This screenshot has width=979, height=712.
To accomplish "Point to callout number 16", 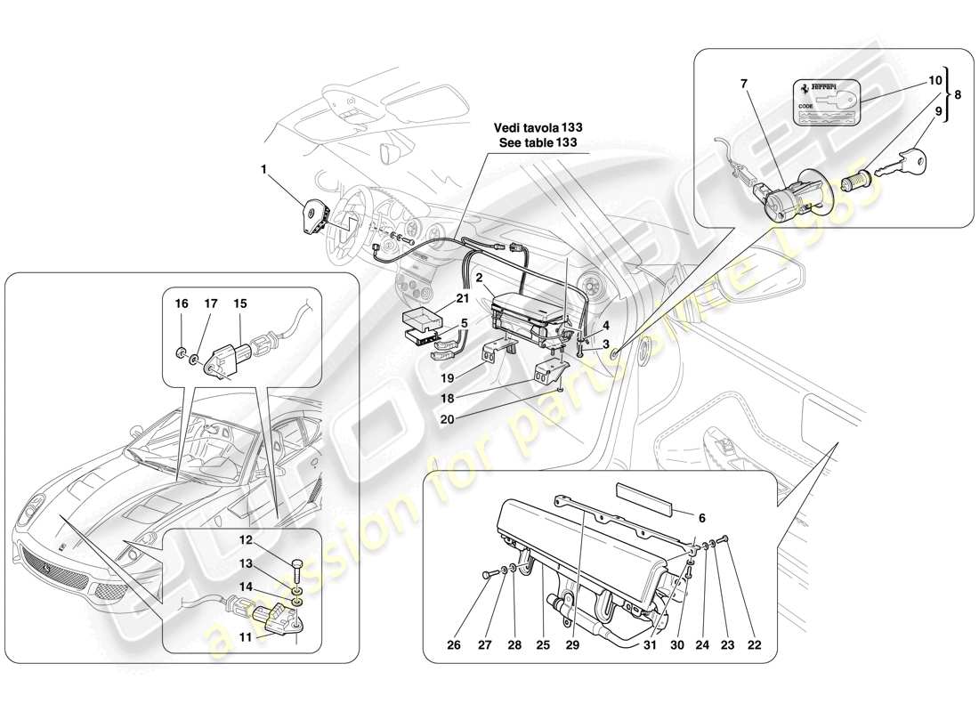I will (x=182, y=303).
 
